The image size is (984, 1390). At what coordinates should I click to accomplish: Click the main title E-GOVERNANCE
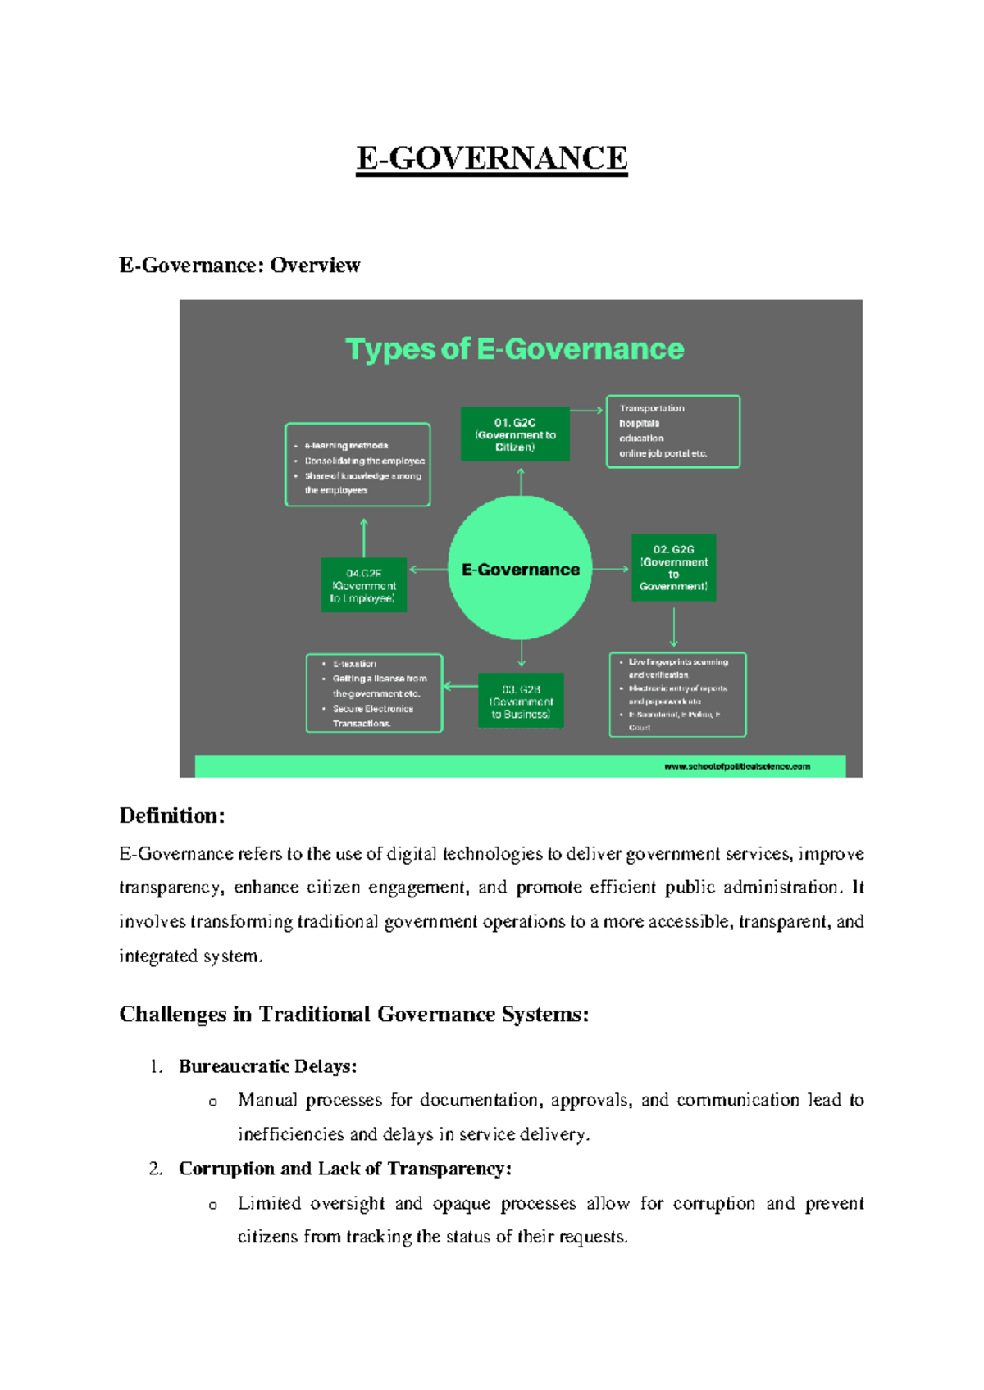[492, 157]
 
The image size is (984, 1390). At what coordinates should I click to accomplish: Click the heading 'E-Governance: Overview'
[239, 266]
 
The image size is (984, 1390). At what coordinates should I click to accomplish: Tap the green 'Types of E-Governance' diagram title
[514, 349]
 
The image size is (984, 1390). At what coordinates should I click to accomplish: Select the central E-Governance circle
[520, 569]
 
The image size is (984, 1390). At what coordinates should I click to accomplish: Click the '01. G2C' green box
[515, 434]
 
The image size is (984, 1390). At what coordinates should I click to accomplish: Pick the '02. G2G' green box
[673, 567]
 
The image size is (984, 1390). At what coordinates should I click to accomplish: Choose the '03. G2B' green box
[521, 702]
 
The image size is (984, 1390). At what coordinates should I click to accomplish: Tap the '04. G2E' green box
[363, 585]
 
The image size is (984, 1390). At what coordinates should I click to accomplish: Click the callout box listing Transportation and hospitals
[672, 431]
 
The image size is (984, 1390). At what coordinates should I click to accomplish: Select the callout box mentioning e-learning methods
[358, 465]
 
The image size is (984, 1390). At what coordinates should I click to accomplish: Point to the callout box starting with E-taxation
[374, 693]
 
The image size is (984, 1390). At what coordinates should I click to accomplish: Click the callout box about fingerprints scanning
[677, 694]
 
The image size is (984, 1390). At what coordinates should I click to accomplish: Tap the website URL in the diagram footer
[736, 766]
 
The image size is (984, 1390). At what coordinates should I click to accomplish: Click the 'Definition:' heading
[172, 815]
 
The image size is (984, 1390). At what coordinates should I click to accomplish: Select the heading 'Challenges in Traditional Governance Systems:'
[354, 1015]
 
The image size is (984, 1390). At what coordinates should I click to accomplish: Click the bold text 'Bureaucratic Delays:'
[268, 1066]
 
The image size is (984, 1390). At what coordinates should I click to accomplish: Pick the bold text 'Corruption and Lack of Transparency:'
[345, 1169]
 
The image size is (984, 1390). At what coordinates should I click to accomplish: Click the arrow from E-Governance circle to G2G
[611, 569]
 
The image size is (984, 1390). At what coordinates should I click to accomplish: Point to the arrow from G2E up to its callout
[364, 538]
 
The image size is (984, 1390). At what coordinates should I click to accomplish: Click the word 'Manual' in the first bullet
[267, 1100]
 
